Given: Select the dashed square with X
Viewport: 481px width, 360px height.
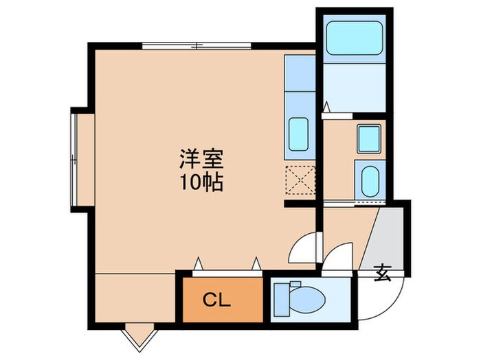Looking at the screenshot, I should click(x=300, y=180).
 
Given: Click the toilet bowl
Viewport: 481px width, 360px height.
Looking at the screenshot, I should click(x=306, y=300).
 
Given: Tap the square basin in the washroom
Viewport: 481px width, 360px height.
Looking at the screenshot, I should click(x=369, y=139).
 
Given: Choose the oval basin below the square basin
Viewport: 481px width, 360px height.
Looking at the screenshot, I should click(x=369, y=181).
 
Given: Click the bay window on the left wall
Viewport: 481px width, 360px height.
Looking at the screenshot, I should click(x=74, y=158).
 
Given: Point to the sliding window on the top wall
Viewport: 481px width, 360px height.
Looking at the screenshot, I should click(x=197, y=47).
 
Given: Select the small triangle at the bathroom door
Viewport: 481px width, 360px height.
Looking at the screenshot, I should click(x=328, y=106).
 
